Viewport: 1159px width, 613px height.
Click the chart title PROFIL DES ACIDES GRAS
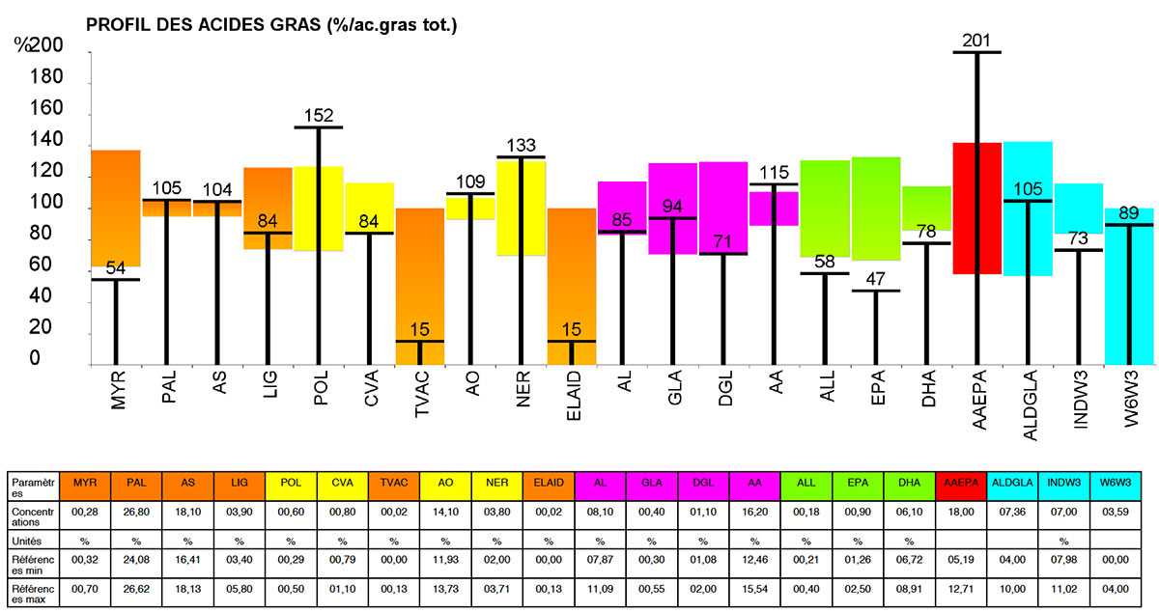pyautogui.click(x=270, y=25)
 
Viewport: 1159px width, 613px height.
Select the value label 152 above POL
pyautogui.click(x=318, y=116)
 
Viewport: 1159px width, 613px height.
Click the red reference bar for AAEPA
pyautogui.click(x=976, y=208)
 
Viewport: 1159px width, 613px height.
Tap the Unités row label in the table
pyautogui.click(x=31, y=539)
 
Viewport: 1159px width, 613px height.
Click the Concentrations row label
pyautogui.click(x=31, y=512)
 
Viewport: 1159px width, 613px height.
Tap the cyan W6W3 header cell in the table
pyautogui.click(x=1117, y=482)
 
